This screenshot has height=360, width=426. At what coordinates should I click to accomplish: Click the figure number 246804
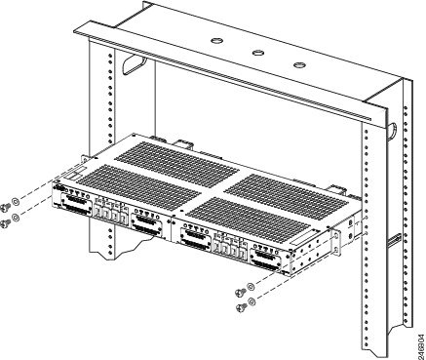point(421,342)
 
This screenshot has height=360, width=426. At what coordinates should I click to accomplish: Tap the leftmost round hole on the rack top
point(216,41)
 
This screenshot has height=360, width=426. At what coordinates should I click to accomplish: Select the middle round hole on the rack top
point(257,53)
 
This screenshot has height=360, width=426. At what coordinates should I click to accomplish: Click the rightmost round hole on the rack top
point(299,64)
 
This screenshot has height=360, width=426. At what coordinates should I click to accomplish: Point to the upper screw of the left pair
point(6,206)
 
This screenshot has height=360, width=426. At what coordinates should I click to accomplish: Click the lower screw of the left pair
point(6,222)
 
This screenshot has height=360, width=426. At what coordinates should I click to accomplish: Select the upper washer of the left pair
point(16,202)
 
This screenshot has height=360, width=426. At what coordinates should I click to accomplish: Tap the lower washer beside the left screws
point(16,218)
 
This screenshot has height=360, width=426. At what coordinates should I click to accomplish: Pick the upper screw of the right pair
point(241,292)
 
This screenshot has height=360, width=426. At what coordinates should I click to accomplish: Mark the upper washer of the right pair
point(251,287)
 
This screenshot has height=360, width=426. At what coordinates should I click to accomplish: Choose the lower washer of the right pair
point(252,301)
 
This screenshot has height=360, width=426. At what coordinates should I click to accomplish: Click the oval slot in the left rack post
point(133,64)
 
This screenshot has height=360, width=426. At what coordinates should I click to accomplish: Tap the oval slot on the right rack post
point(393,131)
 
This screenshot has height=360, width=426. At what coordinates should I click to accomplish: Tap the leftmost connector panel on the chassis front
point(76,204)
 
